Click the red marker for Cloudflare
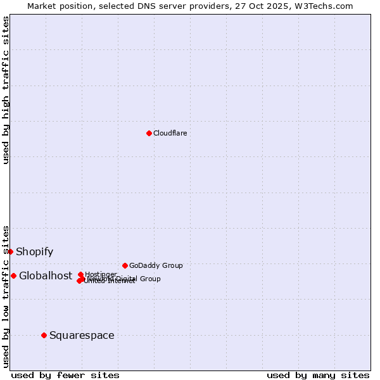[x=149, y=133]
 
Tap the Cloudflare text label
[x=170, y=133]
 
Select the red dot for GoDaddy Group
[x=125, y=265]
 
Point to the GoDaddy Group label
[x=156, y=265]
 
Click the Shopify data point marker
[x=10, y=251]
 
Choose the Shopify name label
[x=34, y=251]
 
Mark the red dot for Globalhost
[x=13, y=275]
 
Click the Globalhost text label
[x=45, y=275]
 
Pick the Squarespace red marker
[x=44, y=335]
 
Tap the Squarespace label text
[x=82, y=335]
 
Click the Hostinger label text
[x=101, y=274]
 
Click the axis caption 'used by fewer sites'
[x=65, y=375]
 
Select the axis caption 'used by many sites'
[x=318, y=375]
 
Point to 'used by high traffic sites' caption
[x=6, y=90]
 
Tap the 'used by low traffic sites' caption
[x=6, y=296]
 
